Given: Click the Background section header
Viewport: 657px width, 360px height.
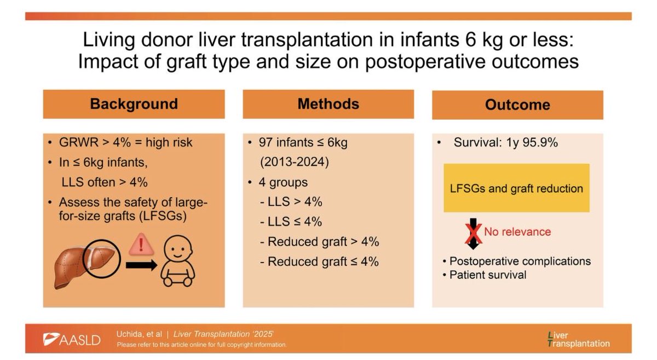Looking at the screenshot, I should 134,103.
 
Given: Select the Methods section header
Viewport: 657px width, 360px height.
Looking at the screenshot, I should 328,103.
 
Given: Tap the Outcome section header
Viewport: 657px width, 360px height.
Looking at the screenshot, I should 517,104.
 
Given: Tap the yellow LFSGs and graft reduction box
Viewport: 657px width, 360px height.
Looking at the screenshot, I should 516,188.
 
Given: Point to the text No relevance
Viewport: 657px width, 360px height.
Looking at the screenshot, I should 517,232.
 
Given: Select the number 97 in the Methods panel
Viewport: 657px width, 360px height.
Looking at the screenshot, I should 267,143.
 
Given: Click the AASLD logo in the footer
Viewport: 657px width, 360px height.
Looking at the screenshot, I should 72,339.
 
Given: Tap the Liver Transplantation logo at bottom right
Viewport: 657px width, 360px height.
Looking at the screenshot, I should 578,339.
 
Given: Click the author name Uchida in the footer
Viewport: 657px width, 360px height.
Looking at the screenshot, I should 130,334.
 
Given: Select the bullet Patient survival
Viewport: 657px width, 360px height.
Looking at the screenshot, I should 488,275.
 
